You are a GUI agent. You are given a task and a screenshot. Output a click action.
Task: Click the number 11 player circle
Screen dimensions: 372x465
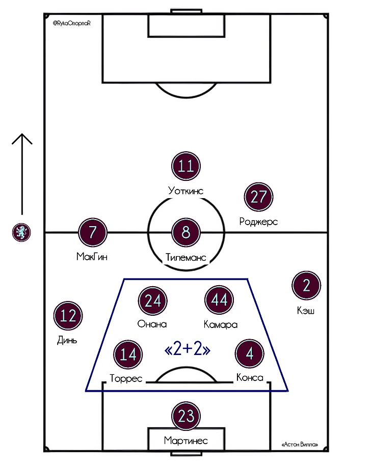click(x=186, y=166)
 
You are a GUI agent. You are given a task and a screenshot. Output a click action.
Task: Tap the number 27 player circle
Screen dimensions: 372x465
click(x=259, y=197)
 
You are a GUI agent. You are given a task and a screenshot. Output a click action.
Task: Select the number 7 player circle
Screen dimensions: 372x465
click(x=93, y=232)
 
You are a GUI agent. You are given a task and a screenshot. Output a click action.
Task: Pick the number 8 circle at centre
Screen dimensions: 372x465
click(x=186, y=232)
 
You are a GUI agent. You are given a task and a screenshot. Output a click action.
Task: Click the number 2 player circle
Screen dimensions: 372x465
click(x=306, y=285)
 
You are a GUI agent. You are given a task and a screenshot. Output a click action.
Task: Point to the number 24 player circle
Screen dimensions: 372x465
click(x=153, y=300)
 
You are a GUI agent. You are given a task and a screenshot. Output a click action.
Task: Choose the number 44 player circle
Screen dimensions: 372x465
click(x=219, y=300)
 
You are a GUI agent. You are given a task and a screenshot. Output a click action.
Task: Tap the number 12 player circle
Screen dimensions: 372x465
click(x=68, y=316)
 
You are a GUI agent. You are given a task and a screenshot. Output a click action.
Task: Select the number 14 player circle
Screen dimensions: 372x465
click(x=128, y=354)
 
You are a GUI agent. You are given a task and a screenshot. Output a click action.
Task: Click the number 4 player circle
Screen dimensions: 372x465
click(x=250, y=353)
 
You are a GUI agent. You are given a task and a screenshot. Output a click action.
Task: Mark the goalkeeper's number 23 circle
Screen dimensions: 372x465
click(x=186, y=416)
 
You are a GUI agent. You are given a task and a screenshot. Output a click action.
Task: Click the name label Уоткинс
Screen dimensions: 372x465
click(x=185, y=190)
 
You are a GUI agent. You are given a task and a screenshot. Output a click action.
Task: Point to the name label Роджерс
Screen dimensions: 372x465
click(x=258, y=222)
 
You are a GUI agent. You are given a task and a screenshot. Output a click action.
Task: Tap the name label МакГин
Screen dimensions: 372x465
click(x=92, y=257)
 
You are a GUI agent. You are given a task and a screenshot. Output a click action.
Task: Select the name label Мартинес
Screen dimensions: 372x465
click(x=185, y=441)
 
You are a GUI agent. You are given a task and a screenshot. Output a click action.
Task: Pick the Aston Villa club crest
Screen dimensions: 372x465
click(x=21, y=232)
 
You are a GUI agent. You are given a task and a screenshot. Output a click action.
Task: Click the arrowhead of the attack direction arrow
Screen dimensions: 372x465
click(x=22, y=134)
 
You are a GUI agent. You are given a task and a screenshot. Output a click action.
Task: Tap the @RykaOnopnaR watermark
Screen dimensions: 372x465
click(x=71, y=23)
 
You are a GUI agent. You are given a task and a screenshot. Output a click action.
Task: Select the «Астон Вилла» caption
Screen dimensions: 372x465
click(x=300, y=445)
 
